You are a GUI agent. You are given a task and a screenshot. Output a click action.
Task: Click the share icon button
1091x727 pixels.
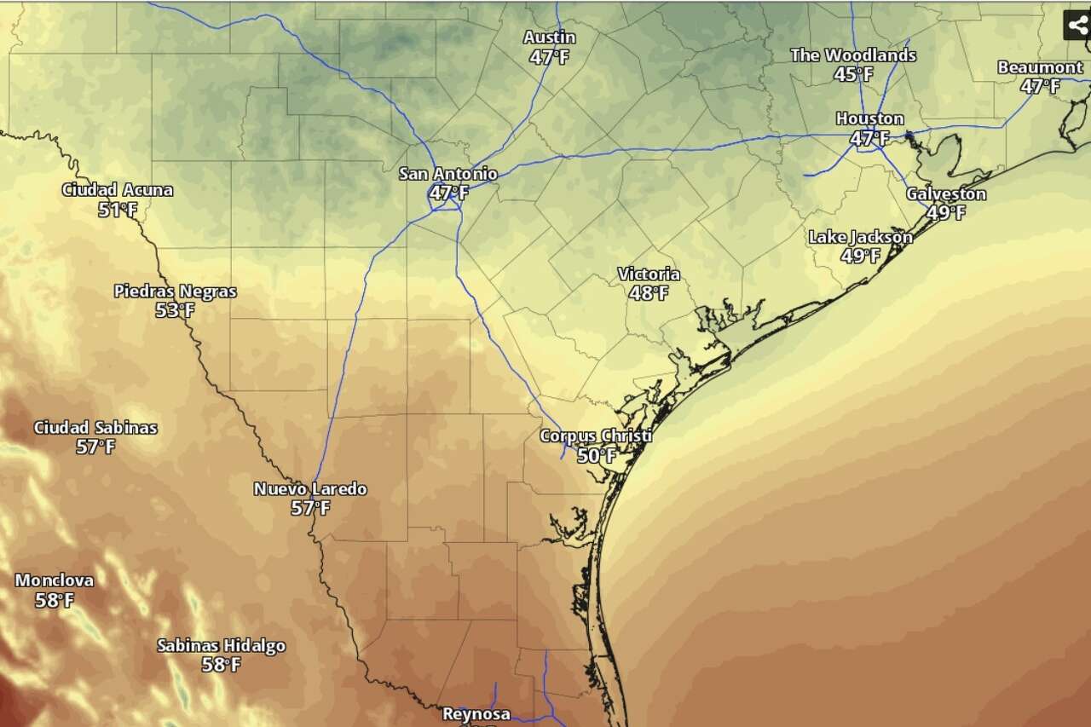(1077, 25)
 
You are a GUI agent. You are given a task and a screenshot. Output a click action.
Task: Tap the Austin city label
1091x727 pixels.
(549, 38)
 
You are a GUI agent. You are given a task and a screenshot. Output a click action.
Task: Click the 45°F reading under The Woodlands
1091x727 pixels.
(853, 75)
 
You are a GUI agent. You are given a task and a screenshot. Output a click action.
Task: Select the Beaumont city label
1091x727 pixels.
(1040, 67)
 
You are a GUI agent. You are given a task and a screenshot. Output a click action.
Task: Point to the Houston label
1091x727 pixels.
(869, 118)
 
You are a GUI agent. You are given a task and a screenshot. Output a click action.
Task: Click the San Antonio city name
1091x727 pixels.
(448, 174)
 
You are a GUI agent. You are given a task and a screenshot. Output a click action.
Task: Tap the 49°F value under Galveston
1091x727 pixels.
(946, 213)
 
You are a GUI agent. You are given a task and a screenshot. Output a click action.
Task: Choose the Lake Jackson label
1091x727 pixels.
(860, 237)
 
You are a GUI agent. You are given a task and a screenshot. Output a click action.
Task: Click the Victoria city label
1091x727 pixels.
(649, 274)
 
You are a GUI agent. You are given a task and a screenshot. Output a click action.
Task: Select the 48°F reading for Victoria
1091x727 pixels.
(649, 294)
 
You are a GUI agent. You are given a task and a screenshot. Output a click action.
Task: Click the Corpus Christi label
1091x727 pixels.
(596, 436)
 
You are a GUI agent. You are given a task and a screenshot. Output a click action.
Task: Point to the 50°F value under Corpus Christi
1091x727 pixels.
(597, 457)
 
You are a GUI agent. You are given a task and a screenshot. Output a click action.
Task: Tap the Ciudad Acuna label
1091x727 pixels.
(118, 190)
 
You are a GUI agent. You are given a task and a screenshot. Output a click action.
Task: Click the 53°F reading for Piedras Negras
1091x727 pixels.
(175, 311)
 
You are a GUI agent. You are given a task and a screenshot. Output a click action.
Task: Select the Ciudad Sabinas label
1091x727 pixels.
(95, 428)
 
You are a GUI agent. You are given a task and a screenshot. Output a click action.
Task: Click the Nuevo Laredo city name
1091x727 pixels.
(310, 489)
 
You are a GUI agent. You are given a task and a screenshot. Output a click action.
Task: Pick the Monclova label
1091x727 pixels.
(55, 580)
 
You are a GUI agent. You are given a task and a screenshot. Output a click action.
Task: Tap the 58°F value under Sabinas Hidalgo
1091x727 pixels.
(221, 666)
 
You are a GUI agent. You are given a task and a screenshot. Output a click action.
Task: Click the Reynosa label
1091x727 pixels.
(476, 714)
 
